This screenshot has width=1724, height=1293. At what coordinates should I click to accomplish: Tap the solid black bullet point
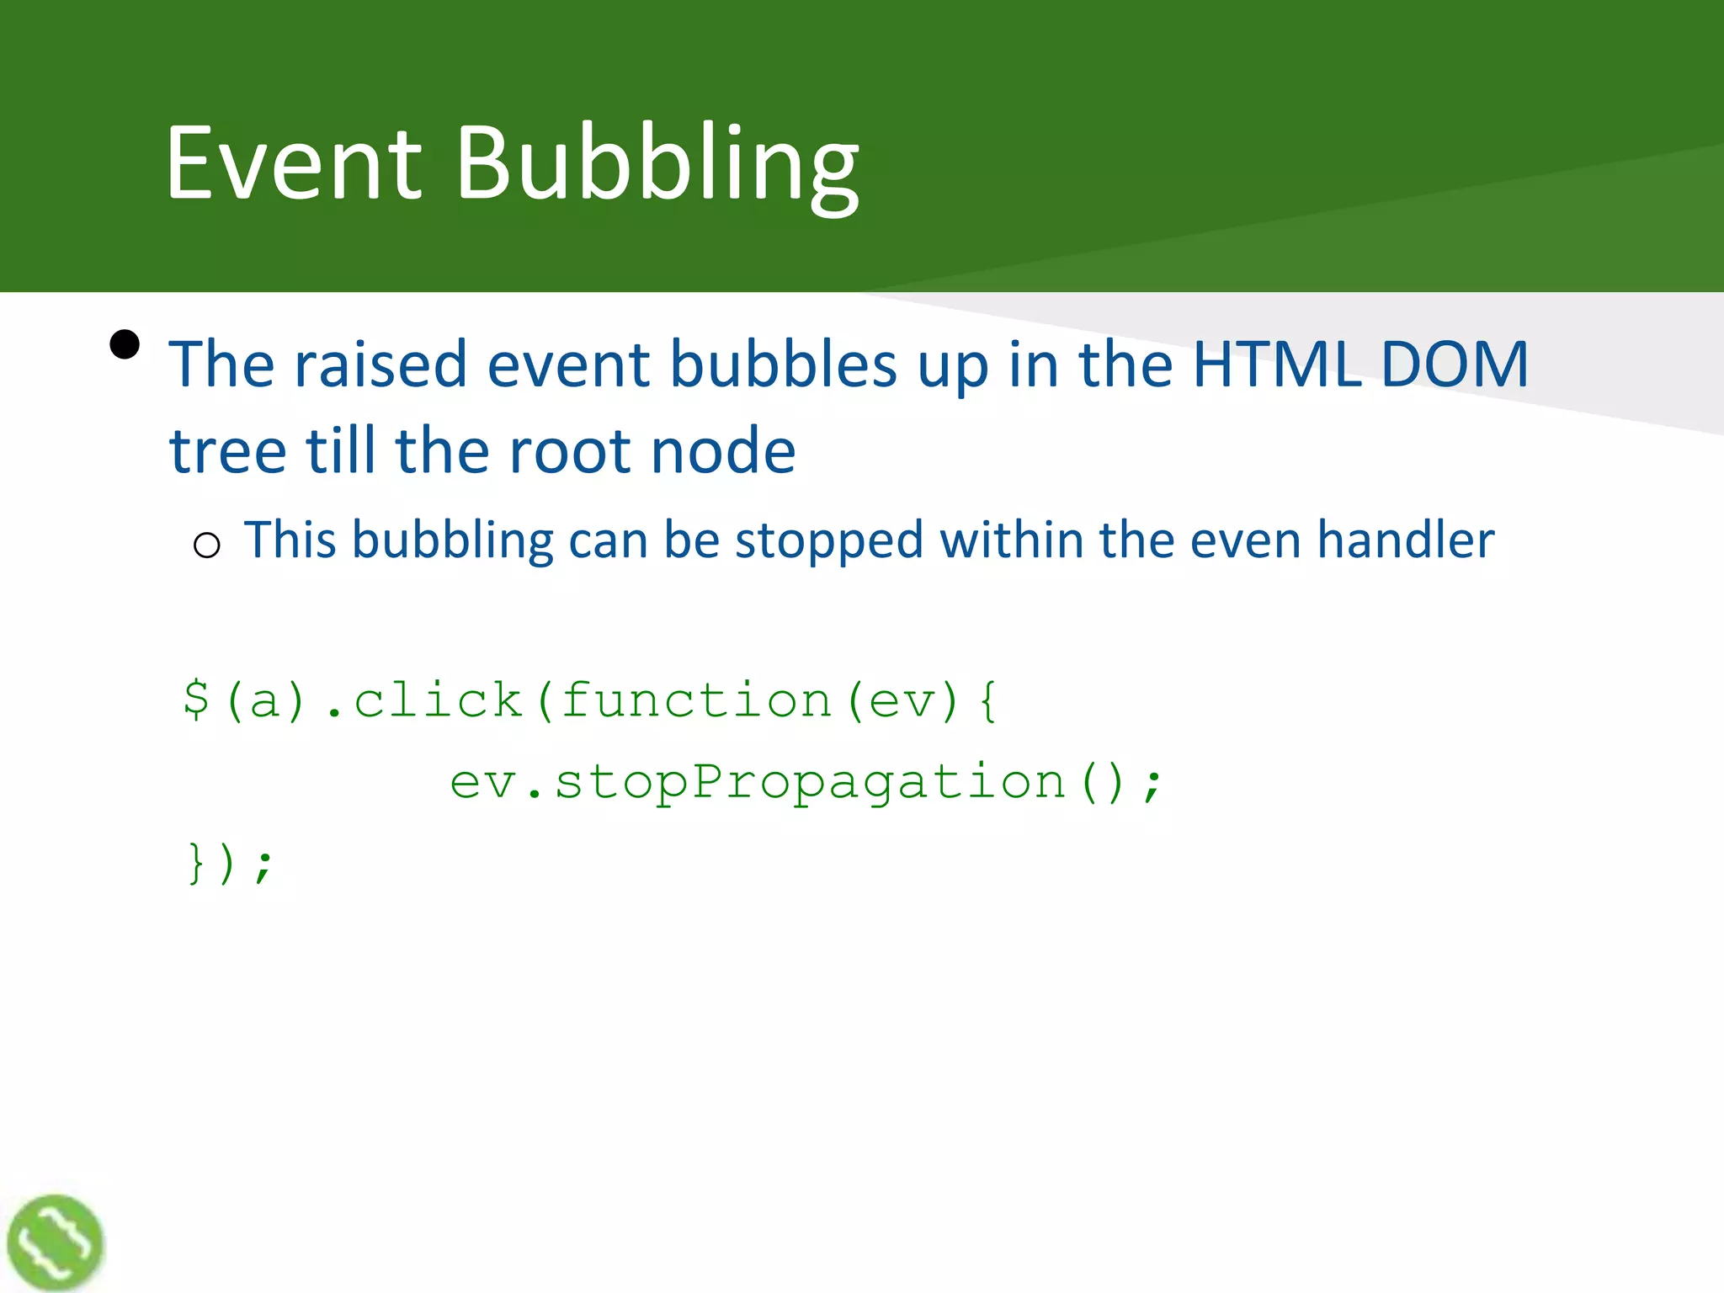[125, 344]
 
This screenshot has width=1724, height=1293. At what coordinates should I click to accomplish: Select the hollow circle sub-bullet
[206, 545]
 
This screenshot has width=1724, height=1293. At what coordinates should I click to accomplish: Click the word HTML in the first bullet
[1277, 364]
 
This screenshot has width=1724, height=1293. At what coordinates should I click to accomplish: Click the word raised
[380, 364]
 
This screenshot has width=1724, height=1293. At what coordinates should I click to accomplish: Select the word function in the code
[696, 700]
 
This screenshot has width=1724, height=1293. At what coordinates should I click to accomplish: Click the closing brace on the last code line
[196, 864]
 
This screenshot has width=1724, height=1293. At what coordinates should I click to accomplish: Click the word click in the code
[438, 700]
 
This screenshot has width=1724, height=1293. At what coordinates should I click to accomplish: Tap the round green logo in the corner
[55, 1242]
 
